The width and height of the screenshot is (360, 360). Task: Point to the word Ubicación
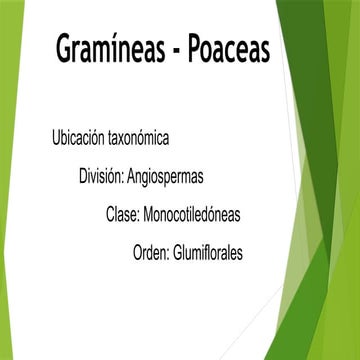[x=81, y=136]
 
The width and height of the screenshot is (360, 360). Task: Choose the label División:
[x=101, y=175]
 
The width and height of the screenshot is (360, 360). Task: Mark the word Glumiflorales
[x=208, y=253]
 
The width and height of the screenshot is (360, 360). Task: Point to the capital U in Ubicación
[x=56, y=136]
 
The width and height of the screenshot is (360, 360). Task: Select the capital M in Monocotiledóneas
[x=150, y=214]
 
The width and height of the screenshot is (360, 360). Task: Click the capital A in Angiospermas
[x=132, y=175]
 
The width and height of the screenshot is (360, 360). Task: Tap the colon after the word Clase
[x=139, y=216]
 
